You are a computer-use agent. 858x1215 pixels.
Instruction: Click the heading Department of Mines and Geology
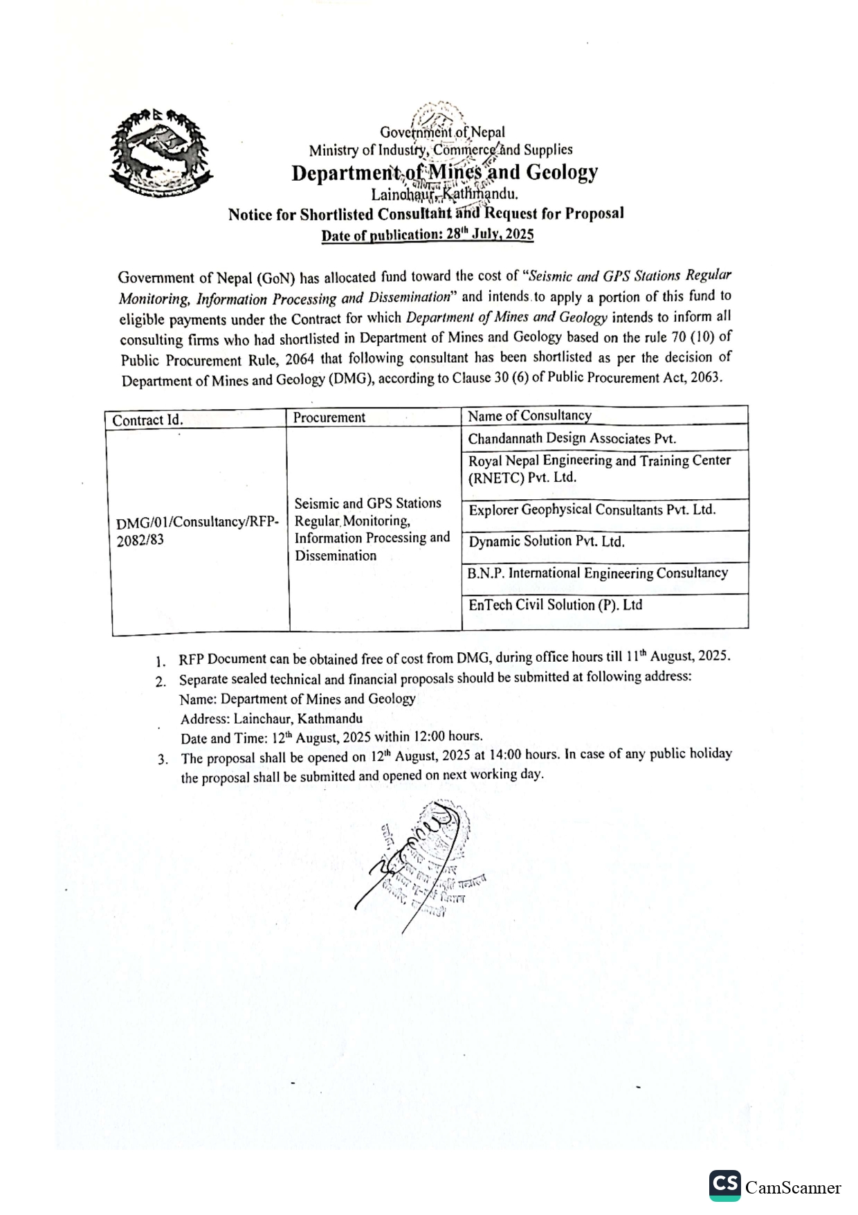(444, 172)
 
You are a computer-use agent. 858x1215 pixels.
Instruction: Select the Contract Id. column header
(147, 420)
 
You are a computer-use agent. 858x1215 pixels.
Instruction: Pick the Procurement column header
(329, 417)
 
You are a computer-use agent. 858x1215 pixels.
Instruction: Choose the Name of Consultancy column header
(529, 415)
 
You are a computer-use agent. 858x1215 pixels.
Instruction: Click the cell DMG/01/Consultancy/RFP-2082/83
(198, 530)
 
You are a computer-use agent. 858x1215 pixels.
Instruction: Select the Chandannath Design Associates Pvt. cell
(572, 438)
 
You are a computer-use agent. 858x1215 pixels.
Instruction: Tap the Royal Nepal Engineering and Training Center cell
(599, 469)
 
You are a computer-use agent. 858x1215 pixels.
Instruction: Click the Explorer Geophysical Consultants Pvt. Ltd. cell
(592, 510)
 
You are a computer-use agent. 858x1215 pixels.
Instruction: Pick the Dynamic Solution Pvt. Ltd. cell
(547, 541)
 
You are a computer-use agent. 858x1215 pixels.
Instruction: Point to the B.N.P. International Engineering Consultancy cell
(597, 573)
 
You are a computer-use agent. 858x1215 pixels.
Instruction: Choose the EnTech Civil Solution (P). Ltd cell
(555, 605)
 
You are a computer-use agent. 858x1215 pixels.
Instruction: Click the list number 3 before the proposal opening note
(163, 759)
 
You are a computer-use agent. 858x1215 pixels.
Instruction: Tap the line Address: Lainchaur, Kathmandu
(271, 719)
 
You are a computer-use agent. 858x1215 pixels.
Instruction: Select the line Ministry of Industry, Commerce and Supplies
(441, 150)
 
